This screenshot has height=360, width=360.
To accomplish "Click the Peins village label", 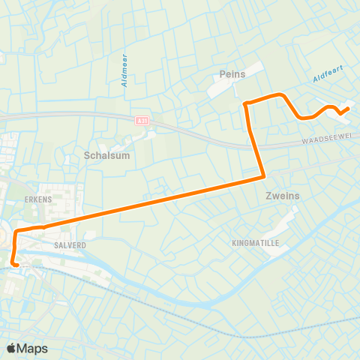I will (233, 74).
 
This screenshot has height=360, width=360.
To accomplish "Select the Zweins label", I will (282, 196).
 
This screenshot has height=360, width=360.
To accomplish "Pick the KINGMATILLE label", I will (255, 244).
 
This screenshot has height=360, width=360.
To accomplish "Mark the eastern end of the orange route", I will (349, 109).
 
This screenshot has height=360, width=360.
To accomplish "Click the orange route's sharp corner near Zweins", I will (263, 177).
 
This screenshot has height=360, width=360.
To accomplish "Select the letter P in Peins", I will (223, 74).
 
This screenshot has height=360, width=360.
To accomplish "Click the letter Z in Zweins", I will (268, 196).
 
